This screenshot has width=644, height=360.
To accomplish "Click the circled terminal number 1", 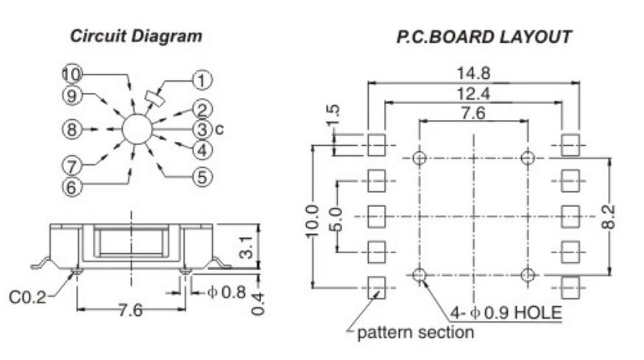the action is pos(202,80).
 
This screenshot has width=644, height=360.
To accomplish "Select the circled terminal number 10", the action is pos(72,74).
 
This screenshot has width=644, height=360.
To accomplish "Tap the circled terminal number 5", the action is pos(202,177).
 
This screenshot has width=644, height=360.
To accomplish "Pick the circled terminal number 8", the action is pos(72,130).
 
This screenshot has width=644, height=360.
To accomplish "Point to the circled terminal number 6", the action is pos(72,188).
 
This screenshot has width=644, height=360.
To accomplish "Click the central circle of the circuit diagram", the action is pos(137,129).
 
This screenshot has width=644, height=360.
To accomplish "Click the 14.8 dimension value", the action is pos(473,74).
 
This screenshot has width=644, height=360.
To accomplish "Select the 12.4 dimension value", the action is pos(473,94).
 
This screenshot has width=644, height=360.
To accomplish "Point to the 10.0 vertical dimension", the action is pos(312,221).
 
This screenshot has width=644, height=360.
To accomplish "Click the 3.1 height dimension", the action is pos(246,247).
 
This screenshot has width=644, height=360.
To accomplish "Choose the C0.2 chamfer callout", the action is pos(28,297).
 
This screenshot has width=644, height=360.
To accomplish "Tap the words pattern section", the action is pos(416,332).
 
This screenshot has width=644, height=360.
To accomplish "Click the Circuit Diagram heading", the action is pos(136,36).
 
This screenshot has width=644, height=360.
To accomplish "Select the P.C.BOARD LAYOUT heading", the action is pos(484,37).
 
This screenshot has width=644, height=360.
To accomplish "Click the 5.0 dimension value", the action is pos(336,219).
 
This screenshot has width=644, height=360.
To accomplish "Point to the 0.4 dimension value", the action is pos(258,304).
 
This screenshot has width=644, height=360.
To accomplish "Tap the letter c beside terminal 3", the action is pos(219,130).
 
